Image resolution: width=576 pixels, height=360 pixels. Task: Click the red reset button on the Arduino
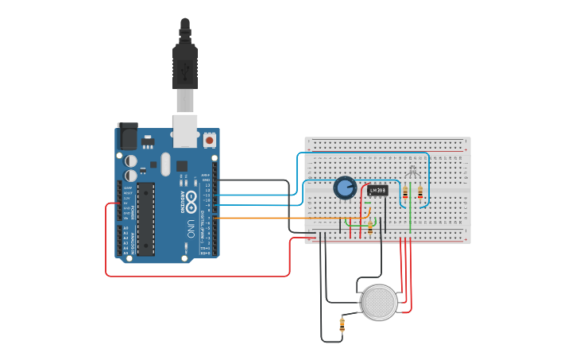[210, 140]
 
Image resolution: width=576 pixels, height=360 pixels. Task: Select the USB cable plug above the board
[184, 68]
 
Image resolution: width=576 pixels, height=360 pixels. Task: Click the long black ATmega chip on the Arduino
[145, 219]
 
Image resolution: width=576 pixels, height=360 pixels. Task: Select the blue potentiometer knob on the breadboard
[345, 188]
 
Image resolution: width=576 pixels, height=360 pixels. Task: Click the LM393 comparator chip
[377, 190]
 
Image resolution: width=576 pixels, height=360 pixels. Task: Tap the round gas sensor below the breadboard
[379, 303]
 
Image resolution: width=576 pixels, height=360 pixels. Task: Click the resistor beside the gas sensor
[342, 323]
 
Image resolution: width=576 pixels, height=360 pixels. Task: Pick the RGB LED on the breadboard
[411, 172]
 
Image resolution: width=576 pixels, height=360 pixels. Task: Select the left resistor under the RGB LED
[405, 193]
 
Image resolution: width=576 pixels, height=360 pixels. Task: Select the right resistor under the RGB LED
[420, 192]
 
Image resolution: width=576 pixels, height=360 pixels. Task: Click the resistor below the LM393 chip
[369, 226]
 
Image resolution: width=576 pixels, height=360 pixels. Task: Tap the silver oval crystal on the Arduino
[165, 164]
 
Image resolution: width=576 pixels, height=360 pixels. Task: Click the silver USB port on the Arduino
[185, 130]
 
